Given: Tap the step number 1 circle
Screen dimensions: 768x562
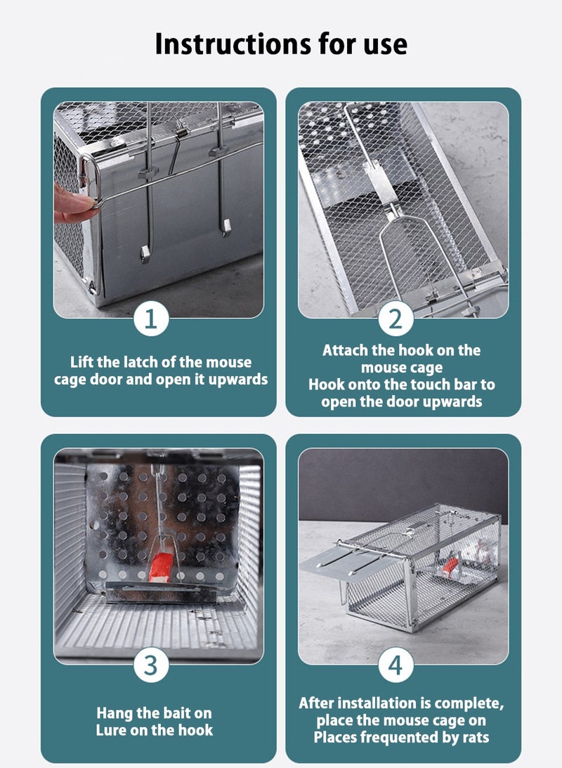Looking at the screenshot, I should pos(151,319).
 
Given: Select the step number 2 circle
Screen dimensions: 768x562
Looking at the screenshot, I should pos(396,319).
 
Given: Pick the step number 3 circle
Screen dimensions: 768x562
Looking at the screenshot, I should pos(151,665).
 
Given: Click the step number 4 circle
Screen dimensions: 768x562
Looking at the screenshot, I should pos(396,665).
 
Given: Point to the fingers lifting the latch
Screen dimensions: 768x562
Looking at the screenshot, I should pos(74,204).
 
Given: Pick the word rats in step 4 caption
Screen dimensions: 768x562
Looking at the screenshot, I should pos(473,738).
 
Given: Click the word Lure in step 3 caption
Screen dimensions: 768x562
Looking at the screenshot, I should pos(112,731).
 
